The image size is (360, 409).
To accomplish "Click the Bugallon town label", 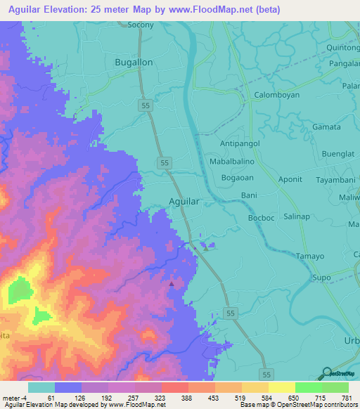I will click(133, 63).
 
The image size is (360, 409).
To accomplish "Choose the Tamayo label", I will click(309, 256).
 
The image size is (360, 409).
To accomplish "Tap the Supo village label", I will click(321, 278).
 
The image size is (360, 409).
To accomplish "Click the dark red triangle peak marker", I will click(172, 283).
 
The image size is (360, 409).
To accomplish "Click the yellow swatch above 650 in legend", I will click(281, 387).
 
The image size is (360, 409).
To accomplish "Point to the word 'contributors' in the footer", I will click(339, 405).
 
